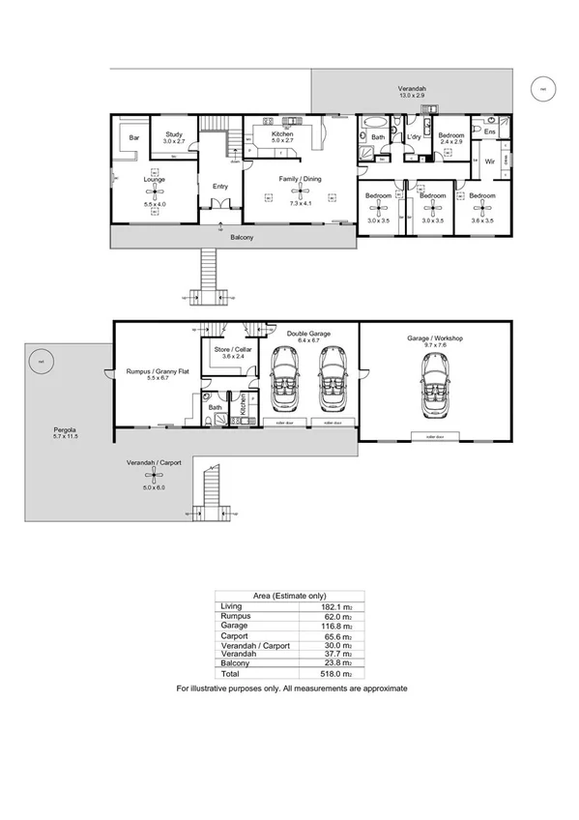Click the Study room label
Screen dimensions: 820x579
coord(174,135)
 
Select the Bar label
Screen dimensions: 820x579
coord(134,138)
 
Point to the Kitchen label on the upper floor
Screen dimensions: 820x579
coord(282,133)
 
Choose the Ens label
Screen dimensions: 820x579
coord(489,131)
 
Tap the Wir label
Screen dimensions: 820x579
coord(490,161)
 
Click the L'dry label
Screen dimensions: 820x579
coord(414,137)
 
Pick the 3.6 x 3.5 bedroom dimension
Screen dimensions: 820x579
coord(480,221)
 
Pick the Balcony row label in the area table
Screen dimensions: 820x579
coord(235,662)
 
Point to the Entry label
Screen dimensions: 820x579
coord(220,187)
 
